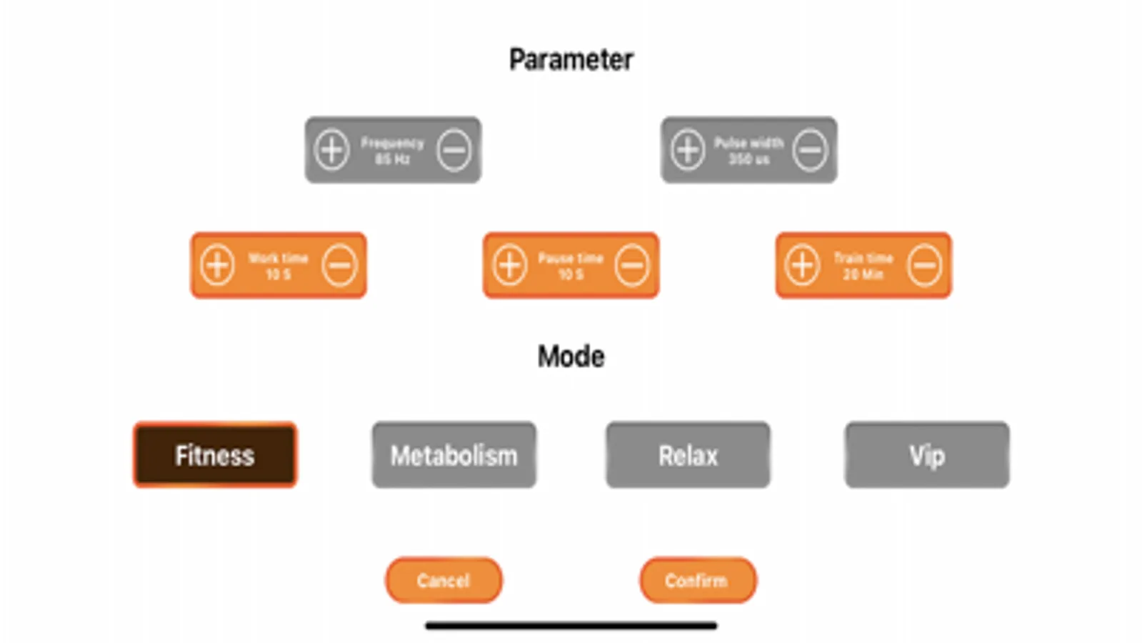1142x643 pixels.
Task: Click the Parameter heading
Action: (x=571, y=59)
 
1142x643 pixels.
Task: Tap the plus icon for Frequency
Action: (x=332, y=150)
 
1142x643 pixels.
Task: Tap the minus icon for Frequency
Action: (x=454, y=150)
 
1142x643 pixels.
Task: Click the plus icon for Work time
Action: (x=217, y=265)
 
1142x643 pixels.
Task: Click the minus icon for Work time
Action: (x=339, y=265)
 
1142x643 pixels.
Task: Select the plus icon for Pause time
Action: (x=509, y=265)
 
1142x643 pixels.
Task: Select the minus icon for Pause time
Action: (x=632, y=265)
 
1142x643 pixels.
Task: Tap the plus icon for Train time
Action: (x=802, y=265)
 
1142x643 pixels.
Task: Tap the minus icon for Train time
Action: (x=925, y=265)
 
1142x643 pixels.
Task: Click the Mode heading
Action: (x=571, y=357)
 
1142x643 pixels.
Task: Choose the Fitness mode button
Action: (x=215, y=455)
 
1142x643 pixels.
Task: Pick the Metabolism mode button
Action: (x=454, y=455)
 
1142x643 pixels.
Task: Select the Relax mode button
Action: (x=688, y=455)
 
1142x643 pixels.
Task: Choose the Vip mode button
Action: (x=927, y=455)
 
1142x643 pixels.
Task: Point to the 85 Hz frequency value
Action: (x=393, y=159)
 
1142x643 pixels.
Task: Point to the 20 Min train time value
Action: (x=863, y=274)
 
